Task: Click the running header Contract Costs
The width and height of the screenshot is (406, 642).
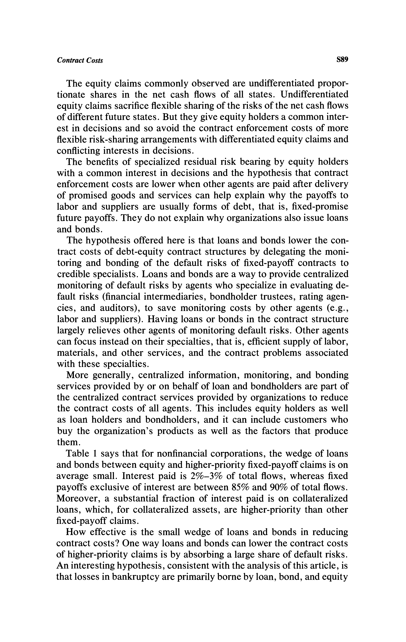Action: (x=80, y=60)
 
